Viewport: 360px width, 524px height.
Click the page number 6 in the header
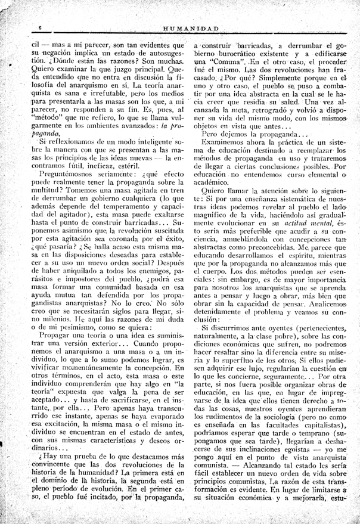(39, 29)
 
